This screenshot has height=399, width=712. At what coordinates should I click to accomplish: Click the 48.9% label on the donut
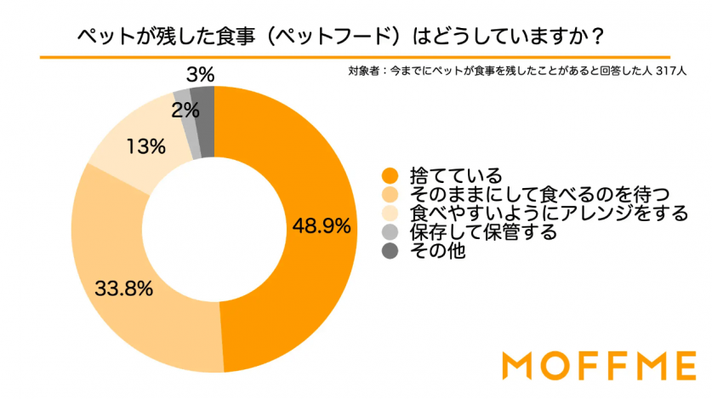pos(322,226)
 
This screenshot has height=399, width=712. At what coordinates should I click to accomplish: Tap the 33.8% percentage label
pos(124,289)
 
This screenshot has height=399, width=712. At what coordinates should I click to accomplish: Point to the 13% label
pos(145,146)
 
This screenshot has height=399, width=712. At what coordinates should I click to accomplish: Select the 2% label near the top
pos(185,109)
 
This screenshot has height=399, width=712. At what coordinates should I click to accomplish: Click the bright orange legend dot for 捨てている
pos(390,176)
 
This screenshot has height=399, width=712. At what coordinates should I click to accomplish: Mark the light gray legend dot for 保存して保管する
pos(390,231)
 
